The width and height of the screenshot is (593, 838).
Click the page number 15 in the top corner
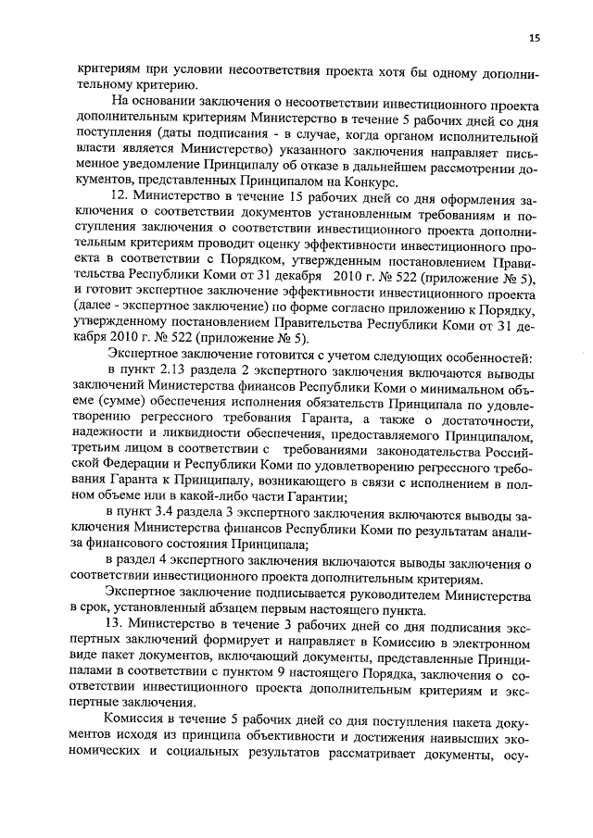coord(535,37)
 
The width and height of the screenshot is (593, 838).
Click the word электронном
coord(490,642)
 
